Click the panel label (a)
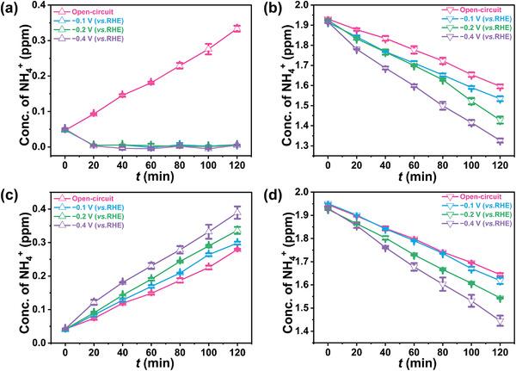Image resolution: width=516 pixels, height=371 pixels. [x=12, y=9]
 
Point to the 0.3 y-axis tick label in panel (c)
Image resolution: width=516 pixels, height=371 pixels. [x=40, y=242]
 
